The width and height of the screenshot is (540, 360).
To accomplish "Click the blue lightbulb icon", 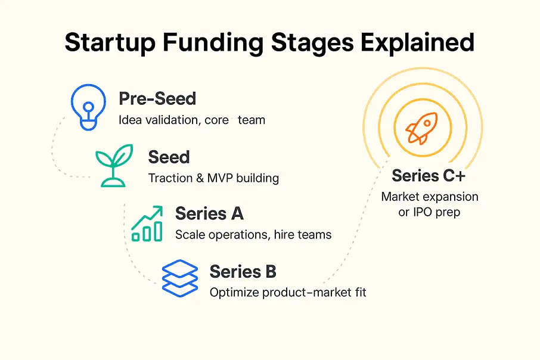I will (x=88, y=107).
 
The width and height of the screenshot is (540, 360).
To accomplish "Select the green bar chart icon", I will (x=147, y=224).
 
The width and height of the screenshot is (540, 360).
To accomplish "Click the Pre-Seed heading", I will (x=157, y=99).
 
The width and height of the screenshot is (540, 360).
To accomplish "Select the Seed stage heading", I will (x=169, y=157).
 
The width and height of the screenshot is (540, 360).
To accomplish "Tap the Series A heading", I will (x=209, y=214).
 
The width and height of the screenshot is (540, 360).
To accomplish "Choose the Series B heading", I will (x=243, y=272).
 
